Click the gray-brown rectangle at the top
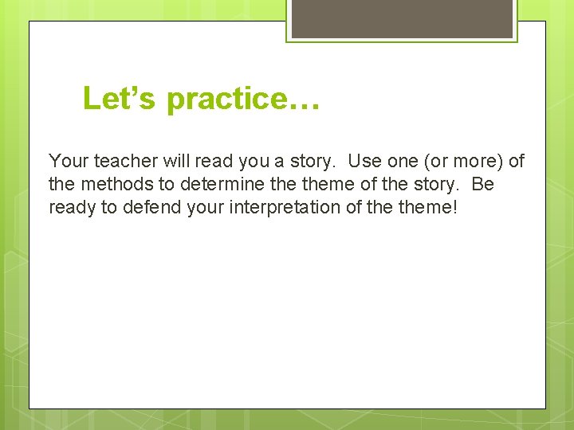(x=402, y=18)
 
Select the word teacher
(x=124, y=162)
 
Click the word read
(x=208, y=162)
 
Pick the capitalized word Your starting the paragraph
(x=69, y=162)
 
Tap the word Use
(x=366, y=162)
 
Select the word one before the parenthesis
(x=403, y=162)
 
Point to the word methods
(x=111, y=185)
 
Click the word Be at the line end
(x=483, y=185)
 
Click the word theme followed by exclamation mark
(x=427, y=208)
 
